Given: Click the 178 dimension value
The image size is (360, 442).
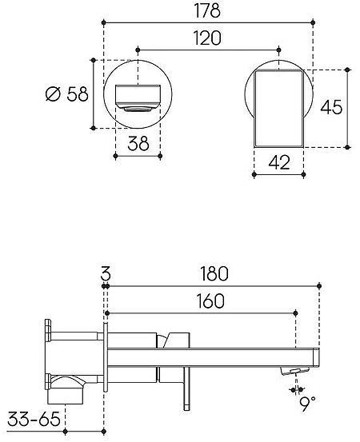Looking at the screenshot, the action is [x=207, y=10].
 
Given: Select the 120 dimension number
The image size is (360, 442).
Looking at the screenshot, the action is [x=207, y=38].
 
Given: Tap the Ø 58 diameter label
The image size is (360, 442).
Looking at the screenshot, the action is [x=67, y=94].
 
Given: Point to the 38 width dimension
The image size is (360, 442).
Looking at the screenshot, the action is [x=138, y=144].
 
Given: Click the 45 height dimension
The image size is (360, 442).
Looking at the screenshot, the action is [x=331, y=107].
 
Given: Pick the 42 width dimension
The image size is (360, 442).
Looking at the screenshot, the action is [x=279, y=162].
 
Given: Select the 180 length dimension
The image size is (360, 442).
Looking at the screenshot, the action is [x=214, y=273].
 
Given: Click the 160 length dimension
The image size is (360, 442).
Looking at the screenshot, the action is [x=210, y=301].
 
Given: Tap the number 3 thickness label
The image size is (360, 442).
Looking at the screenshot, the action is [x=106, y=273].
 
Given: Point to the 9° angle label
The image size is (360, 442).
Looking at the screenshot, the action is [x=307, y=404].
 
